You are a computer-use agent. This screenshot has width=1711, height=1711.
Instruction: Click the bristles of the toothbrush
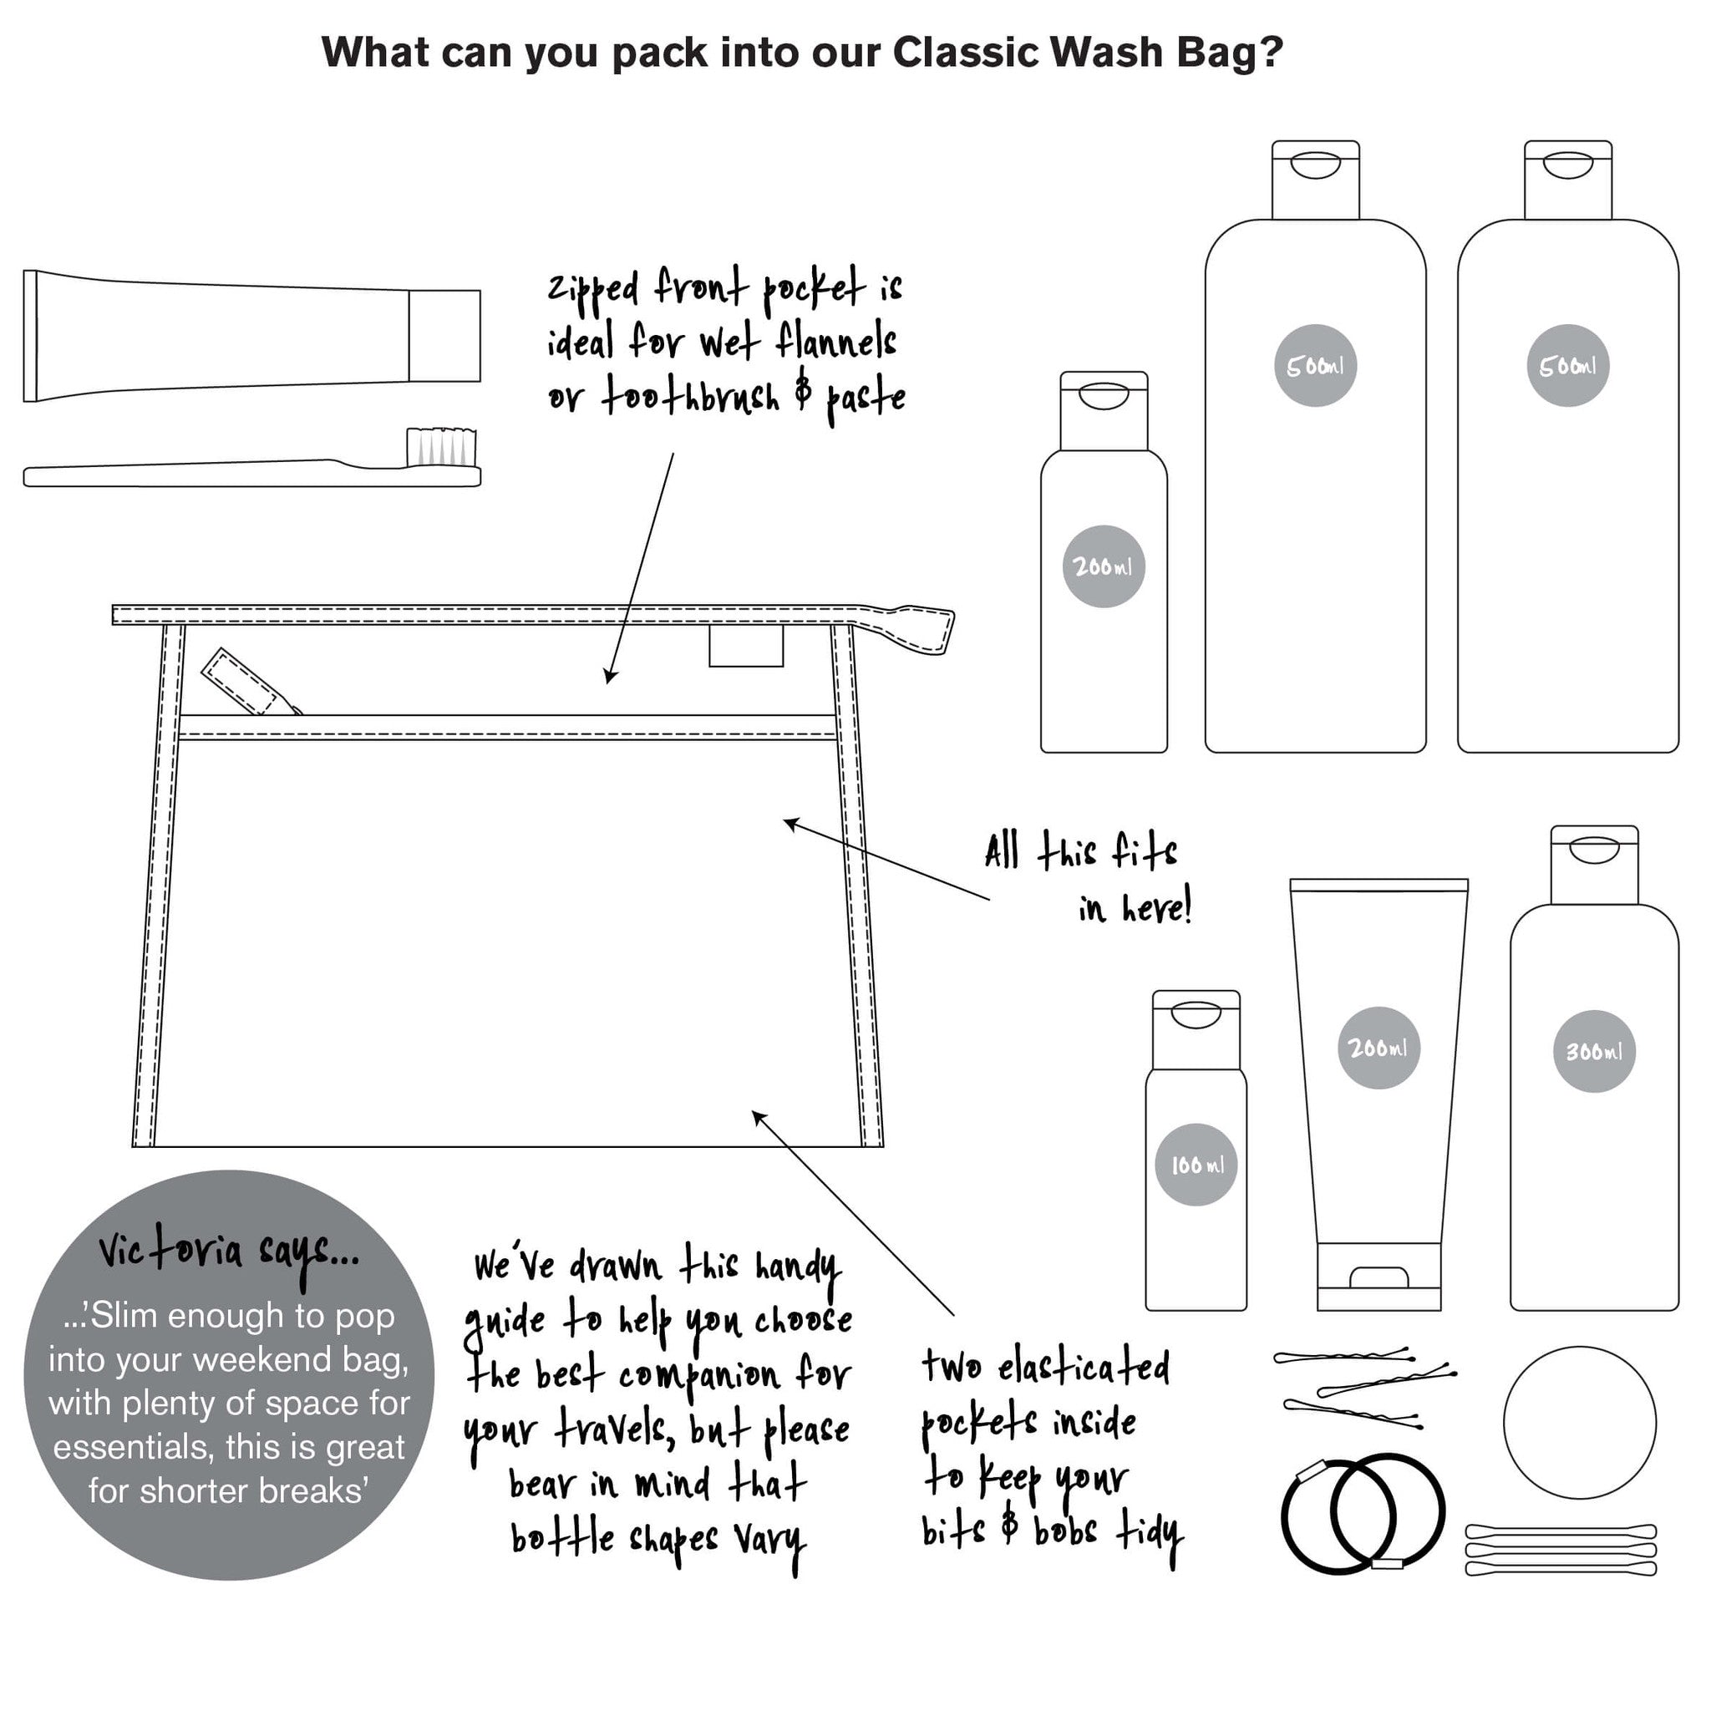pyautogui.click(x=442, y=447)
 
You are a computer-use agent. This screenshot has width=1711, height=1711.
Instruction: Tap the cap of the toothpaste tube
pyautogui.click(x=444, y=336)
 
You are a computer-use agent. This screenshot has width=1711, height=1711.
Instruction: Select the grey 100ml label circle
pyautogui.click(x=1196, y=1165)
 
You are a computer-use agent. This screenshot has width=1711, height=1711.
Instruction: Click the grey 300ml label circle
pyautogui.click(x=1593, y=1051)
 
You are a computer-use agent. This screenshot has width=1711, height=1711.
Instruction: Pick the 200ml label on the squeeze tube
pyautogui.click(x=1378, y=1048)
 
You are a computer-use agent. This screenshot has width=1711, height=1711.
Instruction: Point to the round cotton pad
pyautogui.click(x=1580, y=1423)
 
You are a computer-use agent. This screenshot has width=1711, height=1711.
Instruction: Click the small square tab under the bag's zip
pyautogui.click(x=746, y=646)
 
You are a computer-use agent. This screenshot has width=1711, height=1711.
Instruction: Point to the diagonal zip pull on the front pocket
pyautogui.click(x=249, y=683)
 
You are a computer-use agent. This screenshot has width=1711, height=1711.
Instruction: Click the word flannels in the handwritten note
pyautogui.click(x=835, y=341)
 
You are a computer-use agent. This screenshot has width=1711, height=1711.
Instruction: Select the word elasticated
pyautogui.click(x=1084, y=1367)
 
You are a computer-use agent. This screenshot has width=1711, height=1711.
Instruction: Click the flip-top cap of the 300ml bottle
pyautogui.click(x=1593, y=866)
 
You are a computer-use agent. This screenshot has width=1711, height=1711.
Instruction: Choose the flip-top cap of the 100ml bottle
pyautogui.click(x=1196, y=1030)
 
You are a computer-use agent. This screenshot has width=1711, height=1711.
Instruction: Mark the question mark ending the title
pyautogui.click(x=1272, y=53)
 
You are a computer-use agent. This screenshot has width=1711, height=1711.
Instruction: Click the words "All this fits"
pyautogui.click(x=1080, y=852)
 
